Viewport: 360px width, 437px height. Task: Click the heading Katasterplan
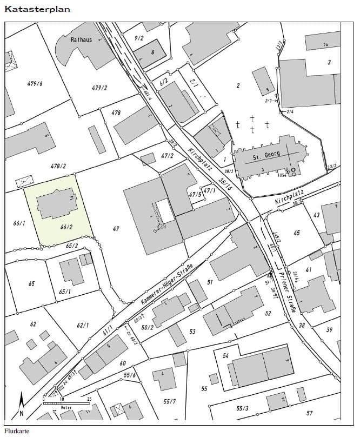tap(37, 9)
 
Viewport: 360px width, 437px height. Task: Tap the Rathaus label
tap(81, 40)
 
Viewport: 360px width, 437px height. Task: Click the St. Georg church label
tap(263, 158)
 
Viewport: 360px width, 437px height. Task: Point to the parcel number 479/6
tap(35, 83)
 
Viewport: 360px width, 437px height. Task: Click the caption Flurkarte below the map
tap(16, 431)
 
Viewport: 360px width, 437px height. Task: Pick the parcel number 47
tap(116, 229)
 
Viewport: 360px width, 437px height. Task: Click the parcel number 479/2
tap(99, 88)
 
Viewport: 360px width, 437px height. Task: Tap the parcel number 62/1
tap(82, 325)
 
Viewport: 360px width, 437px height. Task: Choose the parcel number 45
tap(297, 233)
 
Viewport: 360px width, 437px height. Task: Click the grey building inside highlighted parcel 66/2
tap(56, 204)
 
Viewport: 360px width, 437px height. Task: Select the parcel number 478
tap(116, 112)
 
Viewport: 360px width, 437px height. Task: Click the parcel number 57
tap(309, 413)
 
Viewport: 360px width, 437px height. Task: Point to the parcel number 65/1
tap(65, 292)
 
